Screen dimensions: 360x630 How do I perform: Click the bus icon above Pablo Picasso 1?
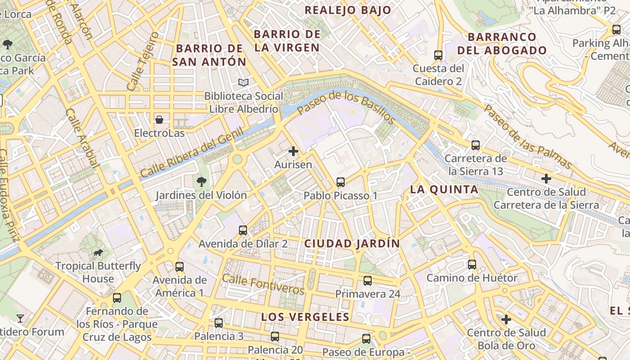341,182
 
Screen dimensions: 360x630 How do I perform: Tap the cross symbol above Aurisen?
293,151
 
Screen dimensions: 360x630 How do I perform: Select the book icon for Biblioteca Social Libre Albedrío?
243,82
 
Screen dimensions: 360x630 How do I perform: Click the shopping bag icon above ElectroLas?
159,120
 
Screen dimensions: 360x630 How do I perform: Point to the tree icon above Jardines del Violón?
201,182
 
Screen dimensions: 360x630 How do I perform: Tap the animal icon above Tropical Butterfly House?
98,252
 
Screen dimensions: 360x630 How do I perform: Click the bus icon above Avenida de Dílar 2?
243,230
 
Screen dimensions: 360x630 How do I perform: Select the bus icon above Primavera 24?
368,281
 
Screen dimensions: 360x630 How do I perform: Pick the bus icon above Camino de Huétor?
472,265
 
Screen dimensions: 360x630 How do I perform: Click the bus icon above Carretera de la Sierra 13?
476,145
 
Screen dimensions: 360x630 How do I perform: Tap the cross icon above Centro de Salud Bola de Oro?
506,319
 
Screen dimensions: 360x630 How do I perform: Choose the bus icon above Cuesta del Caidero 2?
438,55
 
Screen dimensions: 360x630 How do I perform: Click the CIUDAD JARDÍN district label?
352,243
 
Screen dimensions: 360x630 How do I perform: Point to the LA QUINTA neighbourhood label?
444,189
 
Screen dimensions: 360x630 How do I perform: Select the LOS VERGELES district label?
305,317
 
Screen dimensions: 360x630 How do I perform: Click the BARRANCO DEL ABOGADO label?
502,44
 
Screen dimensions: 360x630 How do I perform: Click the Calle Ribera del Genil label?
192,153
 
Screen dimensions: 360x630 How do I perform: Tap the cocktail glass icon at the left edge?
20,319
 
